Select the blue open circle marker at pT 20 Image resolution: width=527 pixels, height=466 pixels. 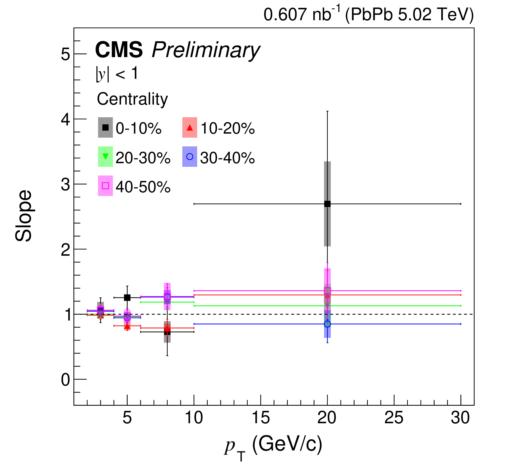327,324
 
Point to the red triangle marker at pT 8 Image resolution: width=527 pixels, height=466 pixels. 167,328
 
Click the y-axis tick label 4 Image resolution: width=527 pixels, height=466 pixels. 66,119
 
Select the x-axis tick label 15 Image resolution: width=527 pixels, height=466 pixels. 261,418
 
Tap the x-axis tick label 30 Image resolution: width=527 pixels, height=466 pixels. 460,418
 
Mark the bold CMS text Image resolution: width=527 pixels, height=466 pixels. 119,50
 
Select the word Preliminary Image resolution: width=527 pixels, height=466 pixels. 206,50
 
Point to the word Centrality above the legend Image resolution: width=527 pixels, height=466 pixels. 132,99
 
